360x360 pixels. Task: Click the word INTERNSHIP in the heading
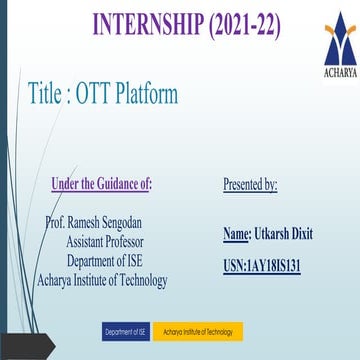point(143,22)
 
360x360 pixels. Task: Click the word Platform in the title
point(148,94)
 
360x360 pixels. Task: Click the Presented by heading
point(250,184)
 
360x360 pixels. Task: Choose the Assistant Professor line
point(105,242)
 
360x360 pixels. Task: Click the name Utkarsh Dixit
point(284,234)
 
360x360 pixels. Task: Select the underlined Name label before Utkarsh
point(237,234)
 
